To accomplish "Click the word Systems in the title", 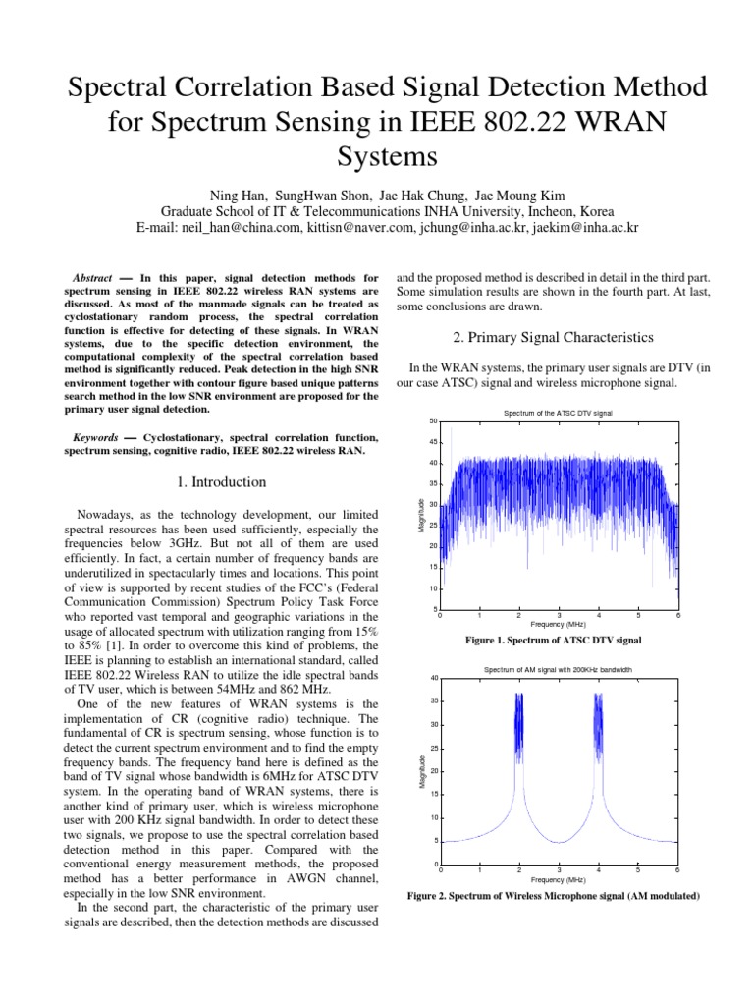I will [x=377, y=156].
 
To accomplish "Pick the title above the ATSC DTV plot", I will [x=559, y=413].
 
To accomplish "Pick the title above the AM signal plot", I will [x=559, y=669].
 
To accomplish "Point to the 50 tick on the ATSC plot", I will [x=433, y=421].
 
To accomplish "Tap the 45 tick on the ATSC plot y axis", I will [x=433, y=442].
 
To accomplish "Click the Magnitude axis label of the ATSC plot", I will [x=421, y=516].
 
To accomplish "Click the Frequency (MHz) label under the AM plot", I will [x=559, y=880].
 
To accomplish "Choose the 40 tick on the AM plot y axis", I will [x=433, y=678].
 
